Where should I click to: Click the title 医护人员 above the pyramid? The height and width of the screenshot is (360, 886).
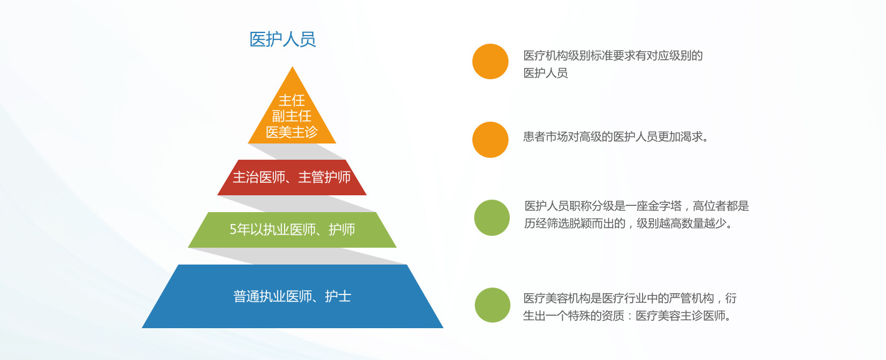(283, 39)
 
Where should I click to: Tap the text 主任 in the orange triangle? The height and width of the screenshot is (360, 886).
(292, 100)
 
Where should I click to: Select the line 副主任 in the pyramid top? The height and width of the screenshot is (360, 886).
(292, 116)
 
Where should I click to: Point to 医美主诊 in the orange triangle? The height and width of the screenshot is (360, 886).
(292, 132)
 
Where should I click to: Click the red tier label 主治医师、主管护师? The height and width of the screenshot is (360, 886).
(292, 177)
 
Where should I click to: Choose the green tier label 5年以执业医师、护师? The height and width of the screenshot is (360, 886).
(292, 230)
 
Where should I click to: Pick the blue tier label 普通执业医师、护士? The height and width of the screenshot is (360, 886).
(292, 296)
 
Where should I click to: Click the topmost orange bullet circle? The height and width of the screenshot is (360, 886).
(490, 61)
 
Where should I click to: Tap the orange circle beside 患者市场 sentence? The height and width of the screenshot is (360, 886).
(490, 140)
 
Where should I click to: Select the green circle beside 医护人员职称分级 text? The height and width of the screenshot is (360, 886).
(492, 218)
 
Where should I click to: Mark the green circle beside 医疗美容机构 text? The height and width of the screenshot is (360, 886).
(492, 305)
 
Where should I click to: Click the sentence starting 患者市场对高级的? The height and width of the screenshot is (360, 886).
(615, 137)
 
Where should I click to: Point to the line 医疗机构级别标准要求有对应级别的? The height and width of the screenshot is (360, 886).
(613, 56)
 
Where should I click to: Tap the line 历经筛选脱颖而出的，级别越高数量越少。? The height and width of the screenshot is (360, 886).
(628, 223)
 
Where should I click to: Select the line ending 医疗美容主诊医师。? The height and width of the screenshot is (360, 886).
(627, 316)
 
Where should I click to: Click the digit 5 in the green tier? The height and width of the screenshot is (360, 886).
(233, 230)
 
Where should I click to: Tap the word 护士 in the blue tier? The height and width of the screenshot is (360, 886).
(338, 296)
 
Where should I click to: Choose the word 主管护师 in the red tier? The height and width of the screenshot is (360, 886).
(324, 177)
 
